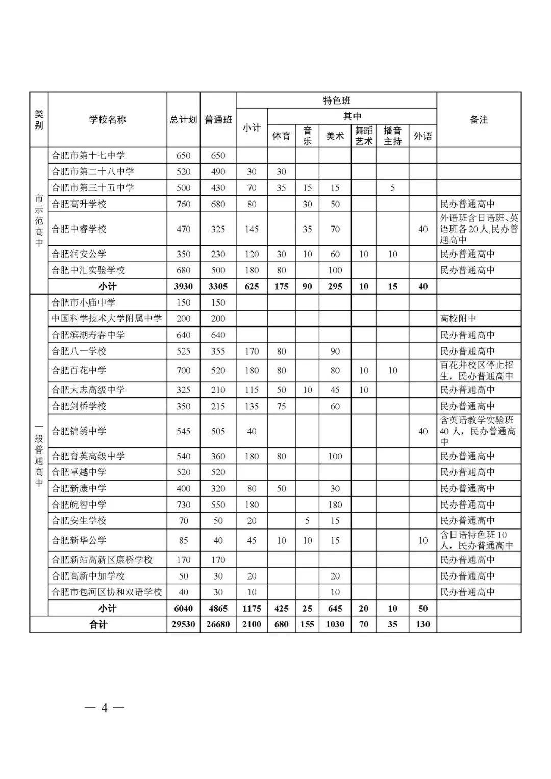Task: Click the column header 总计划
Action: (183, 120)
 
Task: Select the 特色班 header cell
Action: (336, 100)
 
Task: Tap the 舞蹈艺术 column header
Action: (364, 136)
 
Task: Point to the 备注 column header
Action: (479, 120)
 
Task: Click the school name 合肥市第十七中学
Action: (88, 156)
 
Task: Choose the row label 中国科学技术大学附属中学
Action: (107, 319)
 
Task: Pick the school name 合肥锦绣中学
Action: (79, 431)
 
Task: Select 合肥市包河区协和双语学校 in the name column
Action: (107, 592)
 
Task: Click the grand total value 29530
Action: (183, 624)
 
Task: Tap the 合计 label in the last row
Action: (98, 624)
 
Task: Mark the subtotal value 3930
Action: (183, 287)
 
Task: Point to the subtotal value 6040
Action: (183, 609)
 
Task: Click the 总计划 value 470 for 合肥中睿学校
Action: (183, 229)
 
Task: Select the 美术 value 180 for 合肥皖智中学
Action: (335, 505)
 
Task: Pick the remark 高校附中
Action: (458, 319)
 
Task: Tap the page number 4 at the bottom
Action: (104, 708)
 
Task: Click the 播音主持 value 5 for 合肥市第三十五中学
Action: (392, 188)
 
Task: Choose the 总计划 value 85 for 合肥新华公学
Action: (183, 540)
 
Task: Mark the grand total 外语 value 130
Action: (422, 624)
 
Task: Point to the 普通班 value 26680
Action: (218, 624)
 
